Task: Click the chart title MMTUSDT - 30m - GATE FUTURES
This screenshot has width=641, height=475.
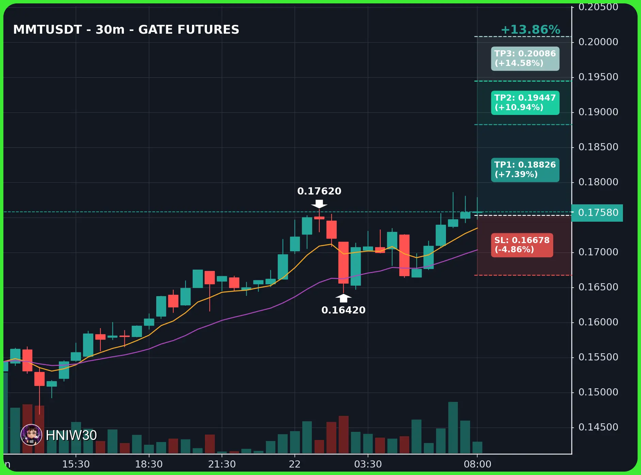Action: (x=126, y=30)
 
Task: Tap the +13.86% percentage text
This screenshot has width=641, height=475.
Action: (x=530, y=30)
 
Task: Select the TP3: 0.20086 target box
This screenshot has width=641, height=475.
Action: (x=525, y=58)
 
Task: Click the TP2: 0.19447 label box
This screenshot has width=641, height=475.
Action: (x=525, y=103)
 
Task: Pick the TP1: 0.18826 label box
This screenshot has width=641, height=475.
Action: (x=525, y=170)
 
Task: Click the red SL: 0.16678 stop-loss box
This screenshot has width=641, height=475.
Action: (x=522, y=245)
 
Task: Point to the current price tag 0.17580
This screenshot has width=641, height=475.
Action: (x=597, y=213)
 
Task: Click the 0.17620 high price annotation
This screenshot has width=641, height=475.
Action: (x=319, y=191)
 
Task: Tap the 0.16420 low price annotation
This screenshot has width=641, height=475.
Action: (x=343, y=310)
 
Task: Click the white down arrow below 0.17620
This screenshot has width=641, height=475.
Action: (x=319, y=204)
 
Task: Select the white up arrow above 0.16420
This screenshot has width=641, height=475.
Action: (x=343, y=298)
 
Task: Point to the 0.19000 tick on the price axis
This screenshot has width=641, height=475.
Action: (x=598, y=112)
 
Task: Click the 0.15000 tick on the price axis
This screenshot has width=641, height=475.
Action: (x=598, y=392)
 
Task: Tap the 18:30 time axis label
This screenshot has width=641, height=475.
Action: (x=149, y=464)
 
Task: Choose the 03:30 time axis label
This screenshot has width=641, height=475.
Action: (x=368, y=464)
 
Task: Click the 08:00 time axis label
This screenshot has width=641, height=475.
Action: (x=478, y=464)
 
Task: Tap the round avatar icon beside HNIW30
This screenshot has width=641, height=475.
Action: (x=31, y=435)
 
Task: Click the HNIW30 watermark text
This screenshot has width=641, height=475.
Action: (x=71, y=435)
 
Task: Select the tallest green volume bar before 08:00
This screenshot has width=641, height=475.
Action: (x=453, y=428)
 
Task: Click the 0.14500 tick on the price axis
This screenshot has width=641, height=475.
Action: (x=598, y=427)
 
